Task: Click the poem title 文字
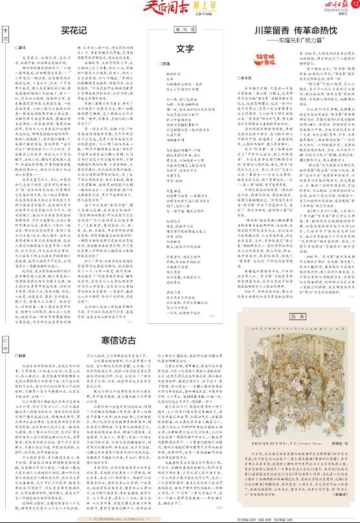pos(185,48)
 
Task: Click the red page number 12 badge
pos(350,8)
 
